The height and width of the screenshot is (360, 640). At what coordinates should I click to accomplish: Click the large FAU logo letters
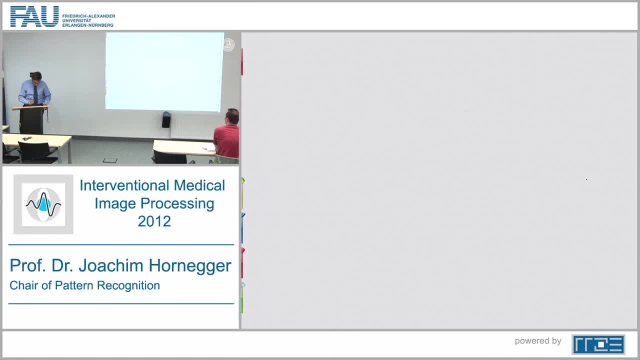pyautogui.click(x=34, y=16)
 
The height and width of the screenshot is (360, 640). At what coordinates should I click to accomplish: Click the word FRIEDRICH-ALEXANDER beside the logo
pyautogui.click(x=88, y=16)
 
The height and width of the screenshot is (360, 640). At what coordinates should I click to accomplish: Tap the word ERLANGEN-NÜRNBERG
pyautogui.click(x=87, y=25)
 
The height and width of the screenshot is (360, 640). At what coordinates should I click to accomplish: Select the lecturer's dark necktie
pyautogui.click(x=35, y=94)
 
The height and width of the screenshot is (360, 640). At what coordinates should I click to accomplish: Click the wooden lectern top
pyautogui.click(x=30, y=107)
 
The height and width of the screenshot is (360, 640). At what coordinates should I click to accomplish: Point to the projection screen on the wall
pyautogui.click(x=164, y=71)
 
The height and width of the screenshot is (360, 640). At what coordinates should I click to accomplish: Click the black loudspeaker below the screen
pyautogui.click(x=166, y=119)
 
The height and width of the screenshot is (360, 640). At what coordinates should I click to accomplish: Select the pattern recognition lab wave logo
pyautogui.click(x=43, y=204)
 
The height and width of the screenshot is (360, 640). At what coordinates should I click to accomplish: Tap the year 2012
pyautogui.click(x=154, y=221)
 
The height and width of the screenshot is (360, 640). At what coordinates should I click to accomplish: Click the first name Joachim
pyautogui.click(x=111, y=265)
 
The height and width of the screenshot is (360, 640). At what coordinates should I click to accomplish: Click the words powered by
pyautogui.click(x=538, y=341)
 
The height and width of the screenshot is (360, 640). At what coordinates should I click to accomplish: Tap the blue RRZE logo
pyautogui.click(x=598, y=344)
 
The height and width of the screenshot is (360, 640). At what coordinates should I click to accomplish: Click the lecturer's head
pyautogui.click(x=36, y=76)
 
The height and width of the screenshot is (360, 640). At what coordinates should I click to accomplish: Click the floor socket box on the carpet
pyautogui.click(x=110, y=160)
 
